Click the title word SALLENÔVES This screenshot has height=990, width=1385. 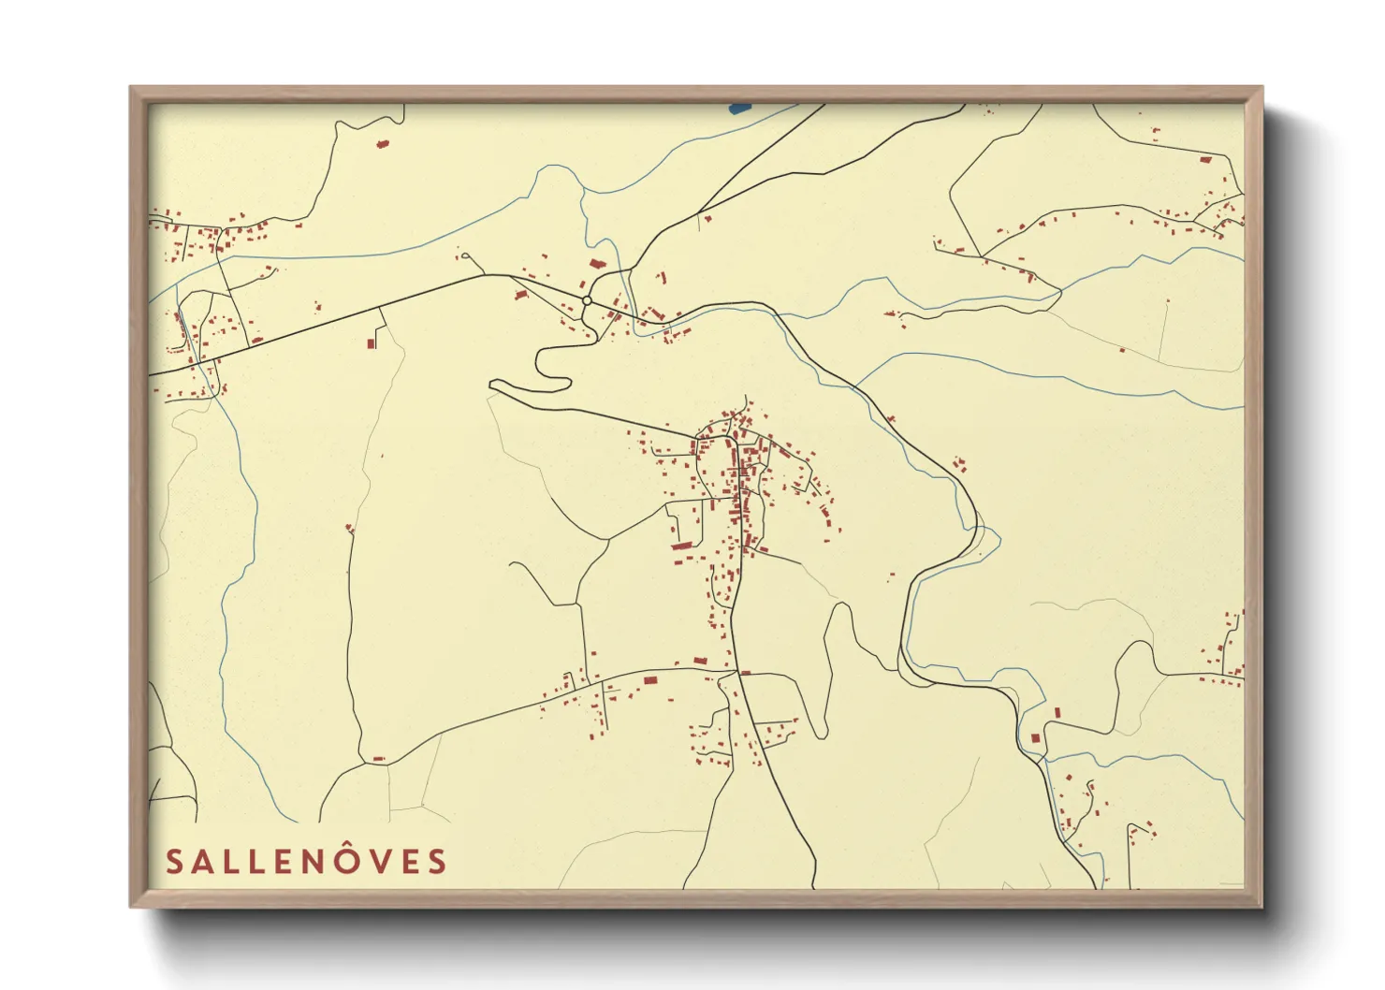click(x=306, y=861)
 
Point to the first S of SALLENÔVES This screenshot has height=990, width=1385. click(x=174, y=861)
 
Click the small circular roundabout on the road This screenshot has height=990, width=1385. click(x=586, y=300)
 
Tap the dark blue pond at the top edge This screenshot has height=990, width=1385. click(x=738, y=108)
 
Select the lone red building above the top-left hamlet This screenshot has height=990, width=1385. click(x=381, y=143)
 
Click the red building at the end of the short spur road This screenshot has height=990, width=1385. click(x=371, y=343)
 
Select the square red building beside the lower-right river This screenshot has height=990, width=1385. click(x=1035, y=738)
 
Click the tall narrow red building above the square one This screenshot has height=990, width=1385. click(x=1057, y=712)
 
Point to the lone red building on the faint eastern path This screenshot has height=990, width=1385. click(x=1122, y=350)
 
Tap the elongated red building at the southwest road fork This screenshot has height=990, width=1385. click(x=378, y=759)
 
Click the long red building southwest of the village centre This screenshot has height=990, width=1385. click(x=681, y=545)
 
